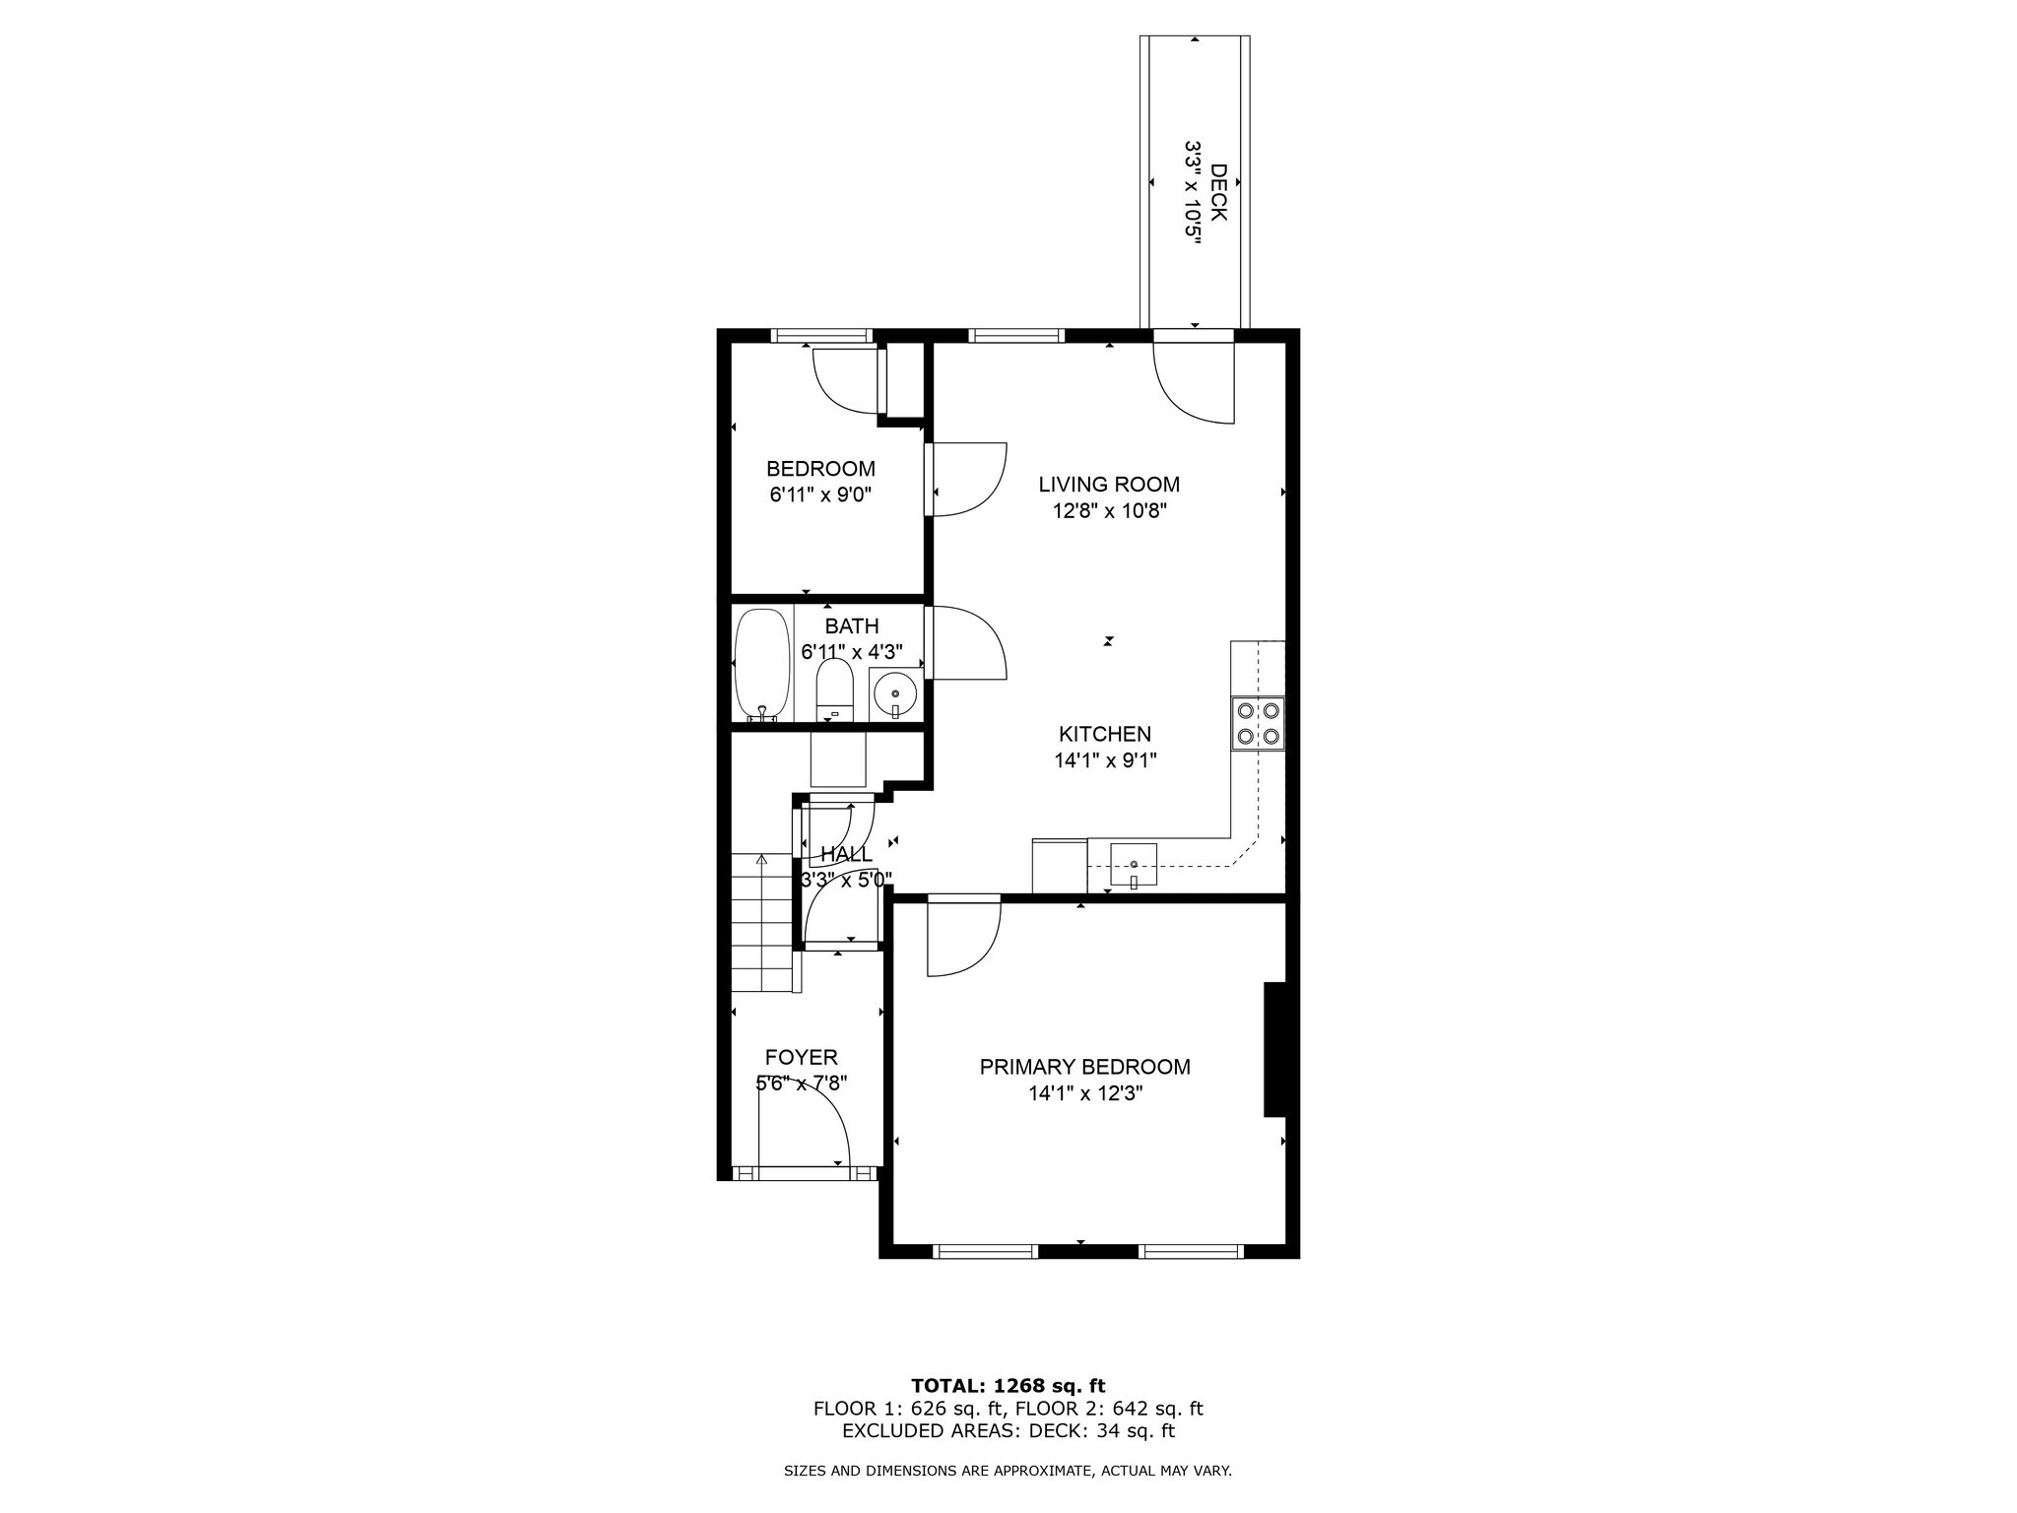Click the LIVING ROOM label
(x=1109, y=485)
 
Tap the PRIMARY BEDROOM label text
(x=1084, y=1067)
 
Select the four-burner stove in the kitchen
(x=1258, y=724)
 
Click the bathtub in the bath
(x=762, y=665)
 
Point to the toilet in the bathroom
(x=834, y=689)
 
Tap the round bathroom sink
(x=894, y=693)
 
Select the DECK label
(x=1218, y=192)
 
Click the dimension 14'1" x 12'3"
(x=1083, y=1093)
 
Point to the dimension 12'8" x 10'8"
(x=1109, y=511)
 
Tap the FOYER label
(x=802, y=1057)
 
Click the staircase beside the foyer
(x=762, y=922)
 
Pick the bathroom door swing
(x=967, y=642)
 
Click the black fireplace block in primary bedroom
(x=1275, y=1049)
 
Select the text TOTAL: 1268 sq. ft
(x=1008, y=1386)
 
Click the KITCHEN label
(x=1105, y=734)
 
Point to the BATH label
(x=852, y=626)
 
